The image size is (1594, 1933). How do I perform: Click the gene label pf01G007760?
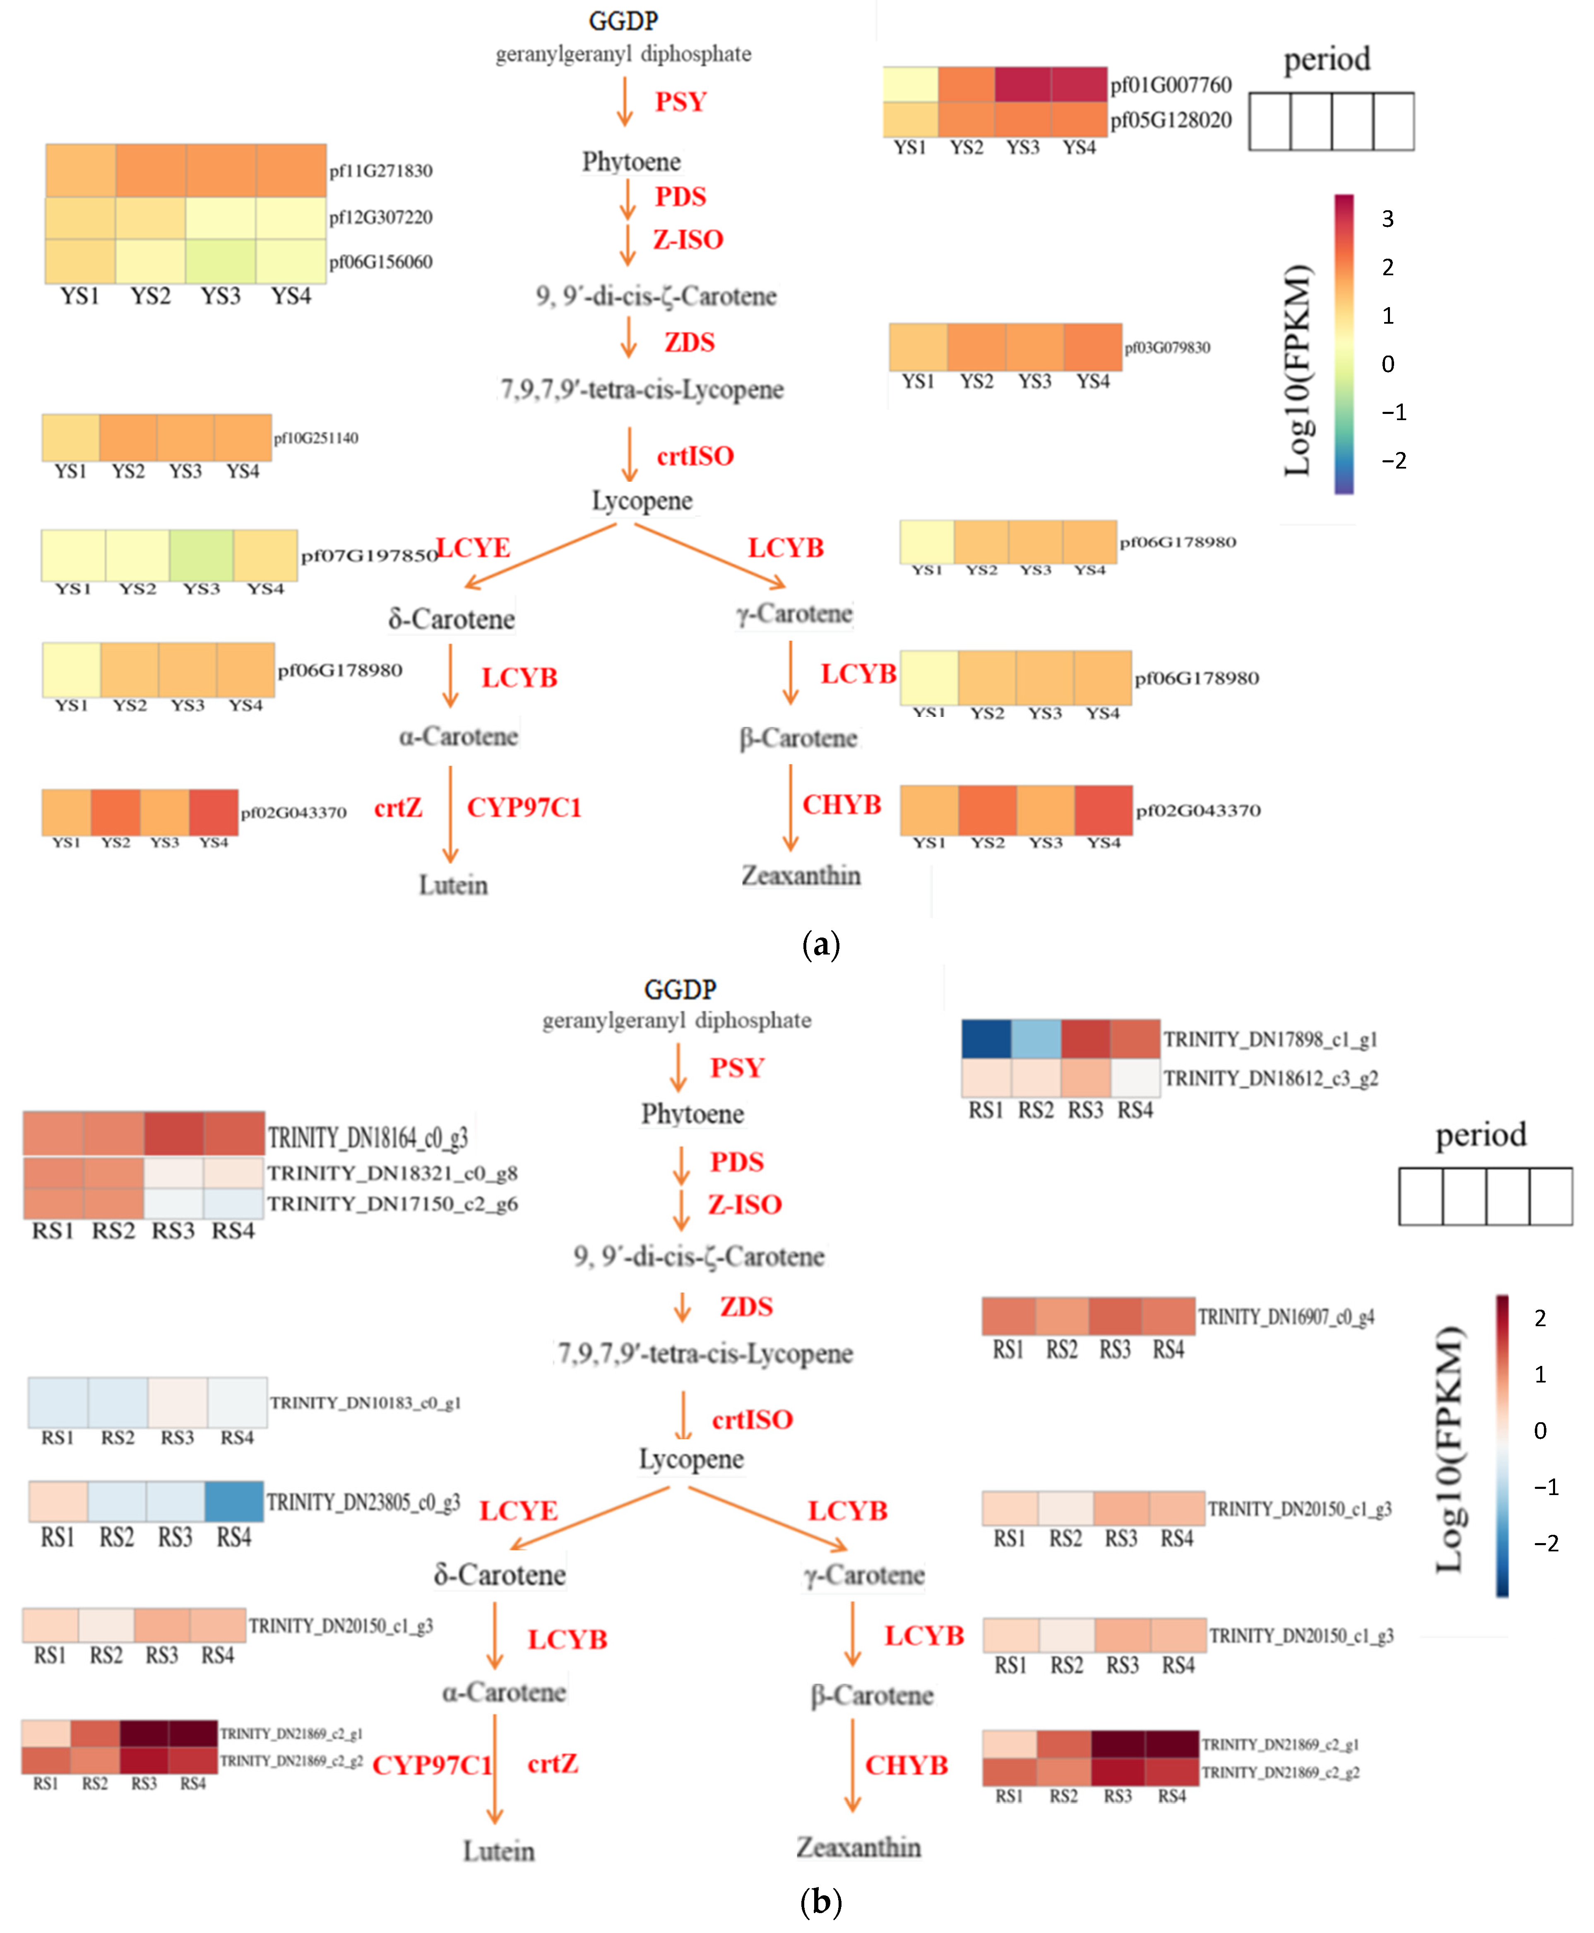point(1171,85)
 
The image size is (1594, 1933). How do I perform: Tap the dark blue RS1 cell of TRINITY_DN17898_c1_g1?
point(986,1039)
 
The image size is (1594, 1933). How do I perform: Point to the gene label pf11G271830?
point(381,171)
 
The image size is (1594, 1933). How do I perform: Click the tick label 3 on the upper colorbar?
point(1387,219)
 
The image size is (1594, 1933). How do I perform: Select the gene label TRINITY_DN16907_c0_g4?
point(1286,1317)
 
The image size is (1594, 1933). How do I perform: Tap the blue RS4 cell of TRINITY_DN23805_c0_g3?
point(234,1501)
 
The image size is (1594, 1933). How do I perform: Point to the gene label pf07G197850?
point(368,555)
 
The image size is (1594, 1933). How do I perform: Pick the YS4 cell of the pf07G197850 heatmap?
point(265,555)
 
